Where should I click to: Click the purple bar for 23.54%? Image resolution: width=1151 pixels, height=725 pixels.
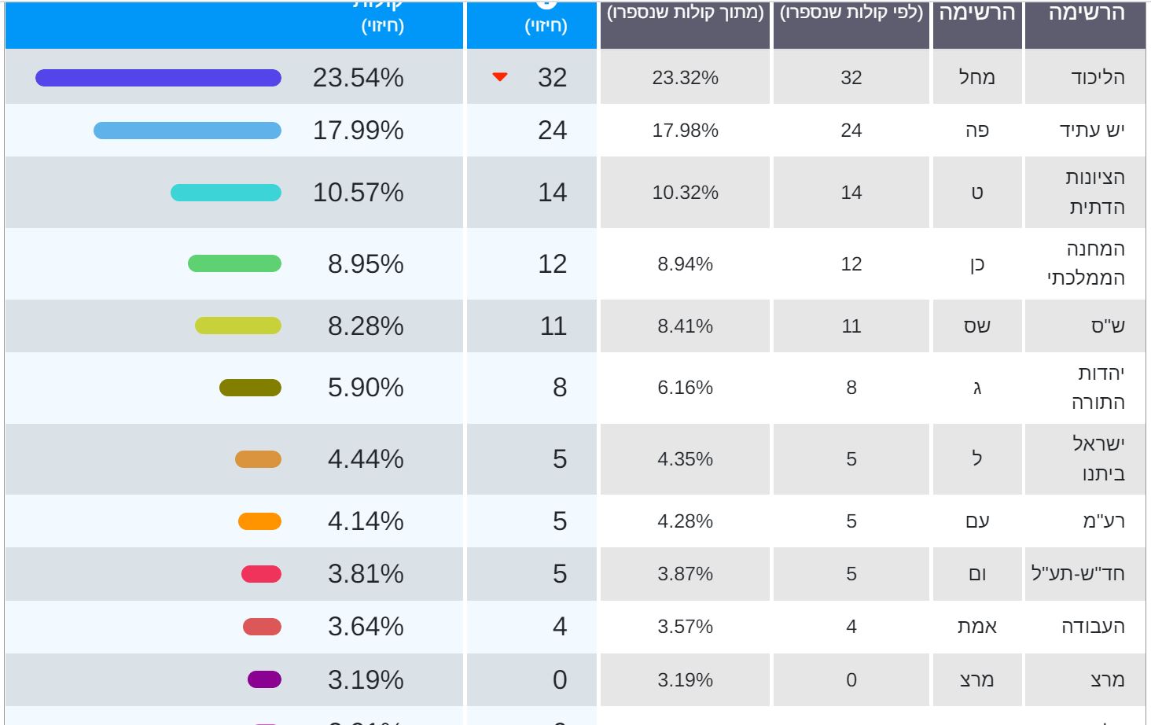pos(158,78)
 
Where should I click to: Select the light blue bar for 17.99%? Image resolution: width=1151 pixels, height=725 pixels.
pos(187,131)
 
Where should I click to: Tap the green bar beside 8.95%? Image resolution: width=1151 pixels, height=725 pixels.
pos(234,263)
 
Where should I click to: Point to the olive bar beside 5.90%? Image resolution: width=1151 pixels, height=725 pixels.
pos(250,388)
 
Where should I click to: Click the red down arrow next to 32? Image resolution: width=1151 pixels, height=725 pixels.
pos(500,77)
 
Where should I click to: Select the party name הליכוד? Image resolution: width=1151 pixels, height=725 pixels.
pos(1098,78)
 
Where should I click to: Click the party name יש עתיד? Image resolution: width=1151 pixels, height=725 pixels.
pos(1092,131)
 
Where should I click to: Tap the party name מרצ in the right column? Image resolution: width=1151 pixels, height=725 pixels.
pos(1107,680)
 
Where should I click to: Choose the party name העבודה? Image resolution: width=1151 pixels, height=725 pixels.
pos(1093,627)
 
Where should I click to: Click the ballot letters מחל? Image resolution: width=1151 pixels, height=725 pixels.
pos(977,78)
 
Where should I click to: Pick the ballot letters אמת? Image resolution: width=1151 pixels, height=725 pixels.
pos(977,627)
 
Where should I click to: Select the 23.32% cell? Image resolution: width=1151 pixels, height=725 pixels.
pos(685,78)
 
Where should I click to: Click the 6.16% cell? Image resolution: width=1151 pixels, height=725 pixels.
pos(685,388)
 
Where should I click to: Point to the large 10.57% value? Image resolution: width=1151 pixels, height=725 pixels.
pos(358,193)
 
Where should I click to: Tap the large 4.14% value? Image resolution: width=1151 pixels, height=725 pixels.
pos(366,521)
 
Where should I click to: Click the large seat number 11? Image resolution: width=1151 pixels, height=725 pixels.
pos(553,326)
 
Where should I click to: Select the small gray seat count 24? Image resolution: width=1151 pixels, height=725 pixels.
pos(851,131)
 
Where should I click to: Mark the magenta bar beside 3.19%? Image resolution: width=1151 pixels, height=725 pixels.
pos(264,679)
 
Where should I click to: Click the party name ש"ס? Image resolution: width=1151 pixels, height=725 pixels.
pos(1108,326)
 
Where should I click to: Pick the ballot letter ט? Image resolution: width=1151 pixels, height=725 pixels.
pos(977,193)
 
